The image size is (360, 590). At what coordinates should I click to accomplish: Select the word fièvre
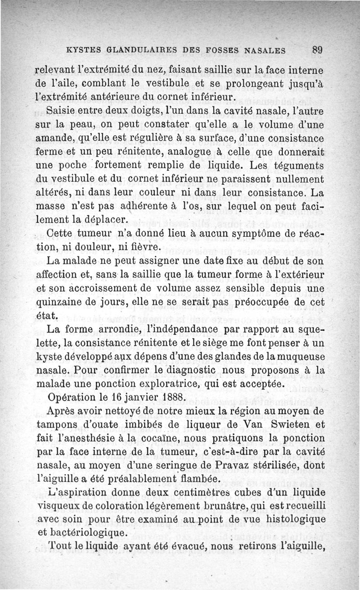coord(144,248)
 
